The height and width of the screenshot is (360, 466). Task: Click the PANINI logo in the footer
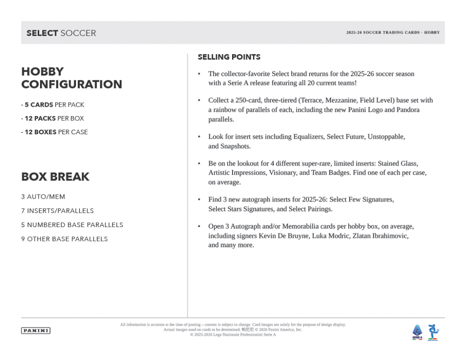[x=36, y=331]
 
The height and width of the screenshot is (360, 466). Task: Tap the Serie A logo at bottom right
[x=417, y=332]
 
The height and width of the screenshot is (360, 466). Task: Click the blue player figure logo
[x=433, y=332]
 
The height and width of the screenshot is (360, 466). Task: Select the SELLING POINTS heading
[x=229, y=57]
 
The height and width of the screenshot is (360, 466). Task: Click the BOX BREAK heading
[x=55, y=177]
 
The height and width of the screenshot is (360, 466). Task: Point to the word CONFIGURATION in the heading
[x=72, y=84]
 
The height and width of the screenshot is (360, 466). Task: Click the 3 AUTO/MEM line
[x=43, y=197]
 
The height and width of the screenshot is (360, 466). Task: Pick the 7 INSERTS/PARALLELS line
[x=57, y=211]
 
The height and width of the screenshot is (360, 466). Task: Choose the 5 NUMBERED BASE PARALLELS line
[x=72, y=225]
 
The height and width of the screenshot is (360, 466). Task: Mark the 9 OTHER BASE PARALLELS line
[x=64, y=239]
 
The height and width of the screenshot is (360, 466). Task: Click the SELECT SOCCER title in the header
[x=61, y=33]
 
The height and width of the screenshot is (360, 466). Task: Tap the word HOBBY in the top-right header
[x=432, y=33]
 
